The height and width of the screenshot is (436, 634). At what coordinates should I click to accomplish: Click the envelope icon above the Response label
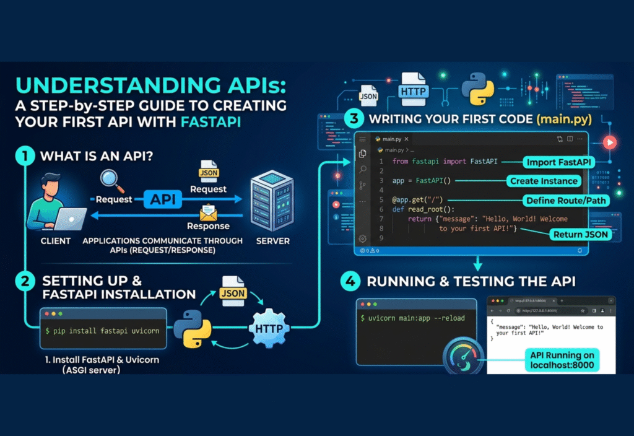pyautogui.click(x=208, y=212)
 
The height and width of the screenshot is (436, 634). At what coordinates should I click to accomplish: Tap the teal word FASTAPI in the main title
pyautogui.click(x=210, y=121)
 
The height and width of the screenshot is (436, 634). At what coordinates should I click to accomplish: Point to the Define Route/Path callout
pyautogui.click(x=565, y=201)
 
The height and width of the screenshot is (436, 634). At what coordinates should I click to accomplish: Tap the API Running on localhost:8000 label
pyautogui.click(x=562, y=360)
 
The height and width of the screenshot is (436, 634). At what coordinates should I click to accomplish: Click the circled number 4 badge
pyautogui.click(x=350, y=282)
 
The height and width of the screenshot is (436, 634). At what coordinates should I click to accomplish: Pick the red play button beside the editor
pyautogui.click(x=611, y=142)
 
